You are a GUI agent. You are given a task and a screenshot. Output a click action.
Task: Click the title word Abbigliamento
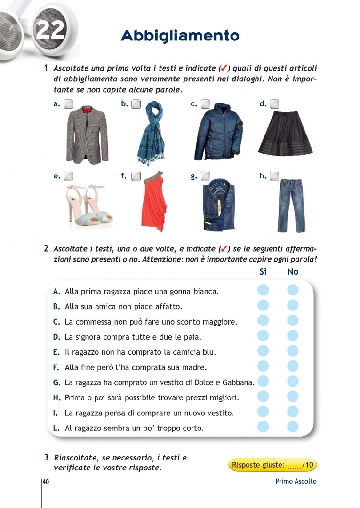click(x=180, y=36)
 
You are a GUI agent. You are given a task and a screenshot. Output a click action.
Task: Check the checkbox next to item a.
click(x=68, y=104)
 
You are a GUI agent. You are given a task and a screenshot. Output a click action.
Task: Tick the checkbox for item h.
click(x=274, y=176)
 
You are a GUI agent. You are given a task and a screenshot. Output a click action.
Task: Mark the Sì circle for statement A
click(x=263, y=290)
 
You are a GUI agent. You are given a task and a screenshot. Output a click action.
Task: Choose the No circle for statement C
click(x=293, y=321)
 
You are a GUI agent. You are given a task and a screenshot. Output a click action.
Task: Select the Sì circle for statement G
click(x=263, y=381)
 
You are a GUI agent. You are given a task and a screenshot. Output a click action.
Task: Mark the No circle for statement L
click(x=293, y=427)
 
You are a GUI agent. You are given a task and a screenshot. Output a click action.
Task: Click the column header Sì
click(x=263, y=271)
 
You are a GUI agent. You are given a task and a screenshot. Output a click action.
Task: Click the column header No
click(x=293, y=271)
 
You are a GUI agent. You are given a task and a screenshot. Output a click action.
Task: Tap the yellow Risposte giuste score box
click(x=273, y=465)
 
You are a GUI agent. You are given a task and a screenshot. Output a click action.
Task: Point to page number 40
click(x=46, y=482)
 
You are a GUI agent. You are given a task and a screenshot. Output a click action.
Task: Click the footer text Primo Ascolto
click(x=296, y=481)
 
